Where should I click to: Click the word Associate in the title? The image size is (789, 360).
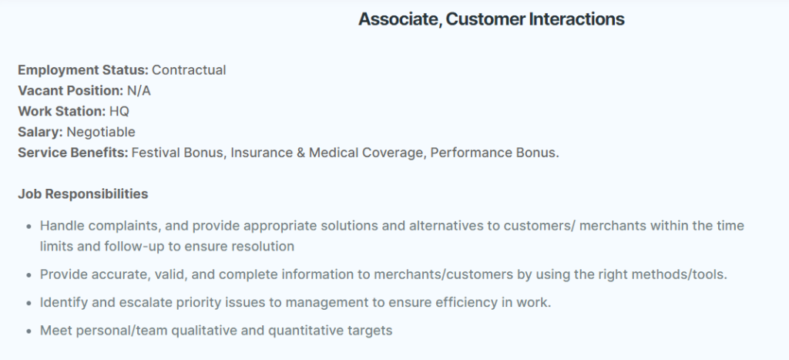click(x=400, y=19)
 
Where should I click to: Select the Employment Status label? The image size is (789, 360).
click(x=83, y=70)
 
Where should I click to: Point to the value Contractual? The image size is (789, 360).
click(x=189, y=70)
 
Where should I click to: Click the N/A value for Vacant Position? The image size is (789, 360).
click(x=139, y=91)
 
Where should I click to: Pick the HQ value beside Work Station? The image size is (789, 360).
click(x=119, y=111)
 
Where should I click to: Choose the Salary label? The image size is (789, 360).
click(x=40, y=132)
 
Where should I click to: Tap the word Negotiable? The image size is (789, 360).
click(x=101, y=132)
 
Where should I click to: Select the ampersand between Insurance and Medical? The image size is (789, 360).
click(x=301, y=153)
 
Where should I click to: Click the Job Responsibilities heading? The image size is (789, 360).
click(x=83, y=193)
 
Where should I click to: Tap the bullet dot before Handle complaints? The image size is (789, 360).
click(x=29, y=226)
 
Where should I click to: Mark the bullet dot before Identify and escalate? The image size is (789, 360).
click(x=29, y=303)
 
